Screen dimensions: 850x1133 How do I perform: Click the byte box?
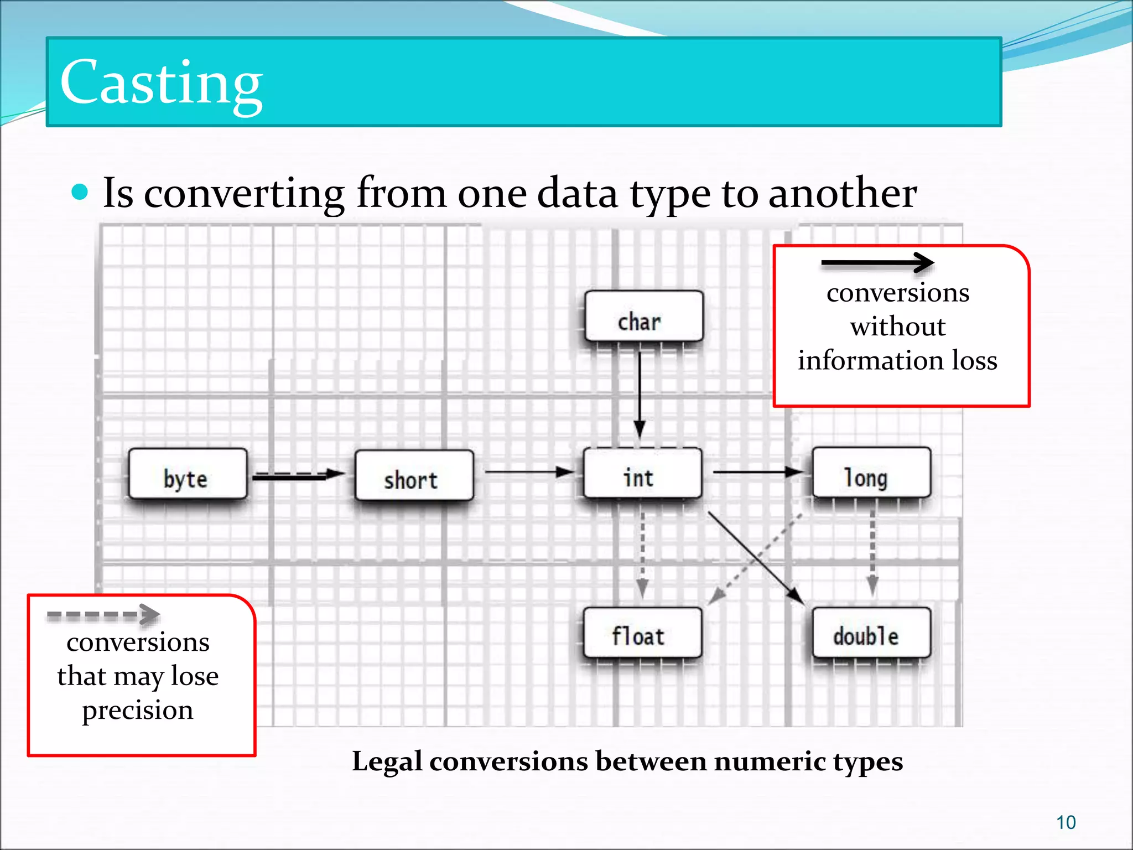point(188,474)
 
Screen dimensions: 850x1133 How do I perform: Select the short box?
point(414,476)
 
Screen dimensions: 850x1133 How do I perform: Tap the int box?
point(642,474)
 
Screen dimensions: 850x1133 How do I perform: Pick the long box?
point(871,473)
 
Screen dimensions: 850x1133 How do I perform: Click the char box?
point(643,317)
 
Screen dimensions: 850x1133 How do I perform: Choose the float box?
point(642,633)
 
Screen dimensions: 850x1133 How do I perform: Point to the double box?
point(871,633)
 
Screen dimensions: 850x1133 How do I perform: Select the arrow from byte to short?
point(299,475)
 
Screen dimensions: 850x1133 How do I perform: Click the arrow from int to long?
point(758,472)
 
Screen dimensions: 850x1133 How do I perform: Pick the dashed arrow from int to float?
point(642,553)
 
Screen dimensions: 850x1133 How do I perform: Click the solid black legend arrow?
point(877,263)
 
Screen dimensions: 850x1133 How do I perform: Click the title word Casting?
point(161,83)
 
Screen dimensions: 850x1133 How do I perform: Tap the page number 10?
point(1066,823)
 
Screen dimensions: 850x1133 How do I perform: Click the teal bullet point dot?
point(80,192)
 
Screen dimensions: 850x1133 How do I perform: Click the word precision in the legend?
point(138,710)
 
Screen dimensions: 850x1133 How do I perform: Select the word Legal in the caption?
point(387,761)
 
